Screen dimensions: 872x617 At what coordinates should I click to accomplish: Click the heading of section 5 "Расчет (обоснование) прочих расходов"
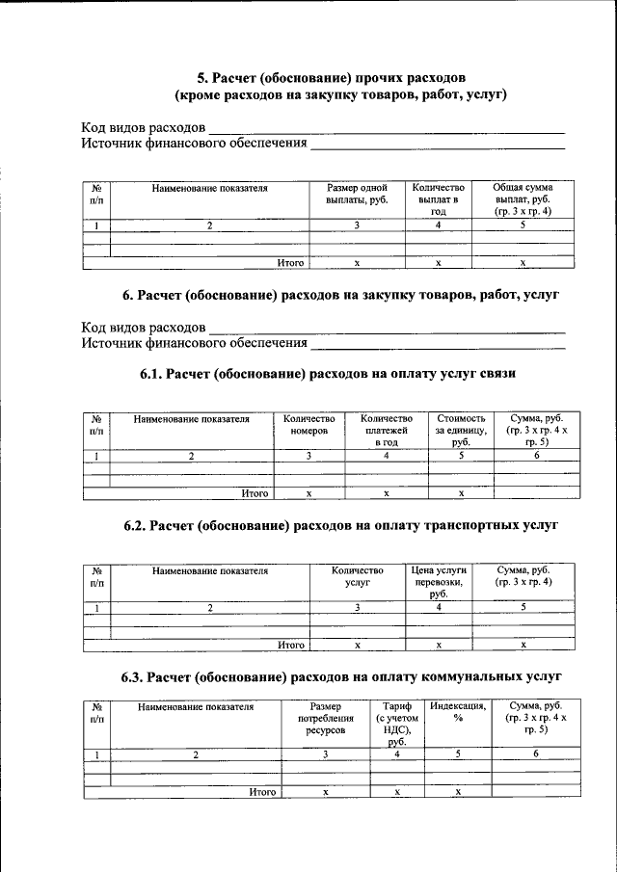333,76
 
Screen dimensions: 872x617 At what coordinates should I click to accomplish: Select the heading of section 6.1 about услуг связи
333,374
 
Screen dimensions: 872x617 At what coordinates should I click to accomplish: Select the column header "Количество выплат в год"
438,199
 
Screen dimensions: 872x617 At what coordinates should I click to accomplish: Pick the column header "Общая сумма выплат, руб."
522,199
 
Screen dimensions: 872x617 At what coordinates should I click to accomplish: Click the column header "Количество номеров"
308,425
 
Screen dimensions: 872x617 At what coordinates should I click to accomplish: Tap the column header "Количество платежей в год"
386,431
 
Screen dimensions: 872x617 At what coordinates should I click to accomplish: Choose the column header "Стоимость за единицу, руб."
461,431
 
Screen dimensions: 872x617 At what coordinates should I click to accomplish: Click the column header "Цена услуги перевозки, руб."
439,582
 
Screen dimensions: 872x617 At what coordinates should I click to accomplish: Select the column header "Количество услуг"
357,576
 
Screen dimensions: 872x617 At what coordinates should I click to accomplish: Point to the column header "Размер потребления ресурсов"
326,719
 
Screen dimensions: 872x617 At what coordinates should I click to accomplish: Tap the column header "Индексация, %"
459,713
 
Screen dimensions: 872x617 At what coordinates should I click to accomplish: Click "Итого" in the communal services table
262,792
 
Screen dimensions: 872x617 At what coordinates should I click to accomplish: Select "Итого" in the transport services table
291,645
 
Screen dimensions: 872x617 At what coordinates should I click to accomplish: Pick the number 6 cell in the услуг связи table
537,456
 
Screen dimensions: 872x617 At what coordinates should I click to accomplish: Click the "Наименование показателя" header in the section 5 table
209,188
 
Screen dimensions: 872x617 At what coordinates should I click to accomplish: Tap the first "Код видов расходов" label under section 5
143,128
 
